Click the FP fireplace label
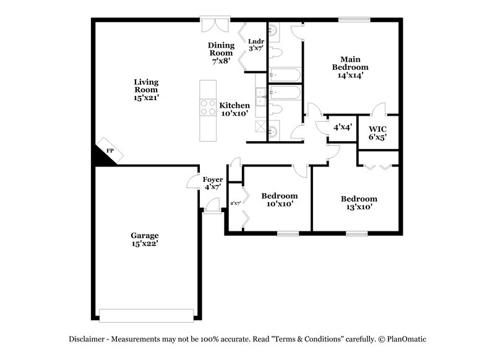point(110,150)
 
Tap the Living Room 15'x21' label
point(147,89)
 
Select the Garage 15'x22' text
point(144,240)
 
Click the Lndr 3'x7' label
point(256,45)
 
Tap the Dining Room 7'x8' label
point(221,53)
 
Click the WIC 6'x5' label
point(378,133)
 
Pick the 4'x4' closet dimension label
point(343,127)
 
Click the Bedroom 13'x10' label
point(359,203)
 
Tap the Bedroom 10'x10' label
point(279,199)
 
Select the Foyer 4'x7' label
point(213,183)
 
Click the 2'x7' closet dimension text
point(235,203)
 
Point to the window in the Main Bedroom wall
point(350,19)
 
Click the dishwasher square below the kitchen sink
point(261,126)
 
